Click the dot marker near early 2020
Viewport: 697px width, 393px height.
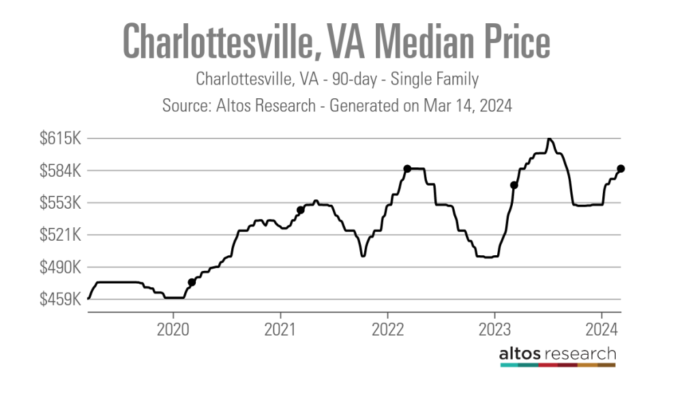192,282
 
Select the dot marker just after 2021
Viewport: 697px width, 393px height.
300,210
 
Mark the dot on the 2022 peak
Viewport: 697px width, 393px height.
407,169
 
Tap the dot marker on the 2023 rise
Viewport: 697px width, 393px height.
514,185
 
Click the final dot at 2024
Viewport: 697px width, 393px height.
621,169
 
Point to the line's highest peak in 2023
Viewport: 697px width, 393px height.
549,139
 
